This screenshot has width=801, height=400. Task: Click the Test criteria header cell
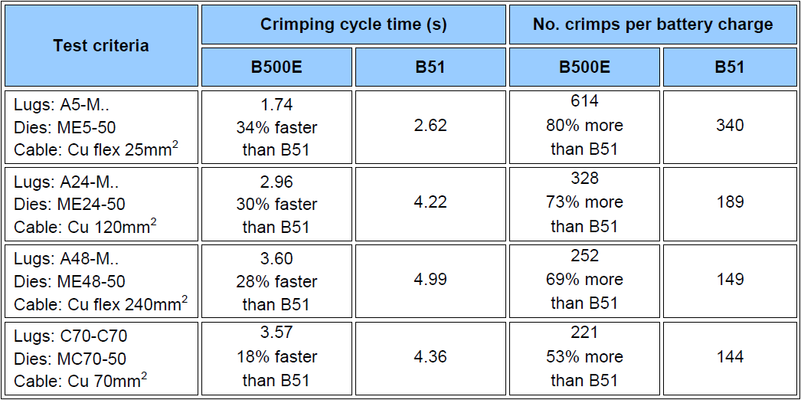101,45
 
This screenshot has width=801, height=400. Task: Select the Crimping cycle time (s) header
353,25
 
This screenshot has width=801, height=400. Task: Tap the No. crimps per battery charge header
652,25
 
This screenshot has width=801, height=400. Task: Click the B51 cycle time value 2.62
430,126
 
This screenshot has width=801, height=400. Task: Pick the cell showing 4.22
430,202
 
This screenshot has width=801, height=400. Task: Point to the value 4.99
430,280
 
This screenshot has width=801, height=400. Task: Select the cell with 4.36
430,357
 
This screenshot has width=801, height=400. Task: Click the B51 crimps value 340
729,126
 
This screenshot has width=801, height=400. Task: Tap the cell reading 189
729,202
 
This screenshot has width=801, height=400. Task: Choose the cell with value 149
729,280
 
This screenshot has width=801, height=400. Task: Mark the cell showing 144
729,357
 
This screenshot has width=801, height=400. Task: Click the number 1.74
276,104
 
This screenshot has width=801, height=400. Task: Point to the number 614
584,101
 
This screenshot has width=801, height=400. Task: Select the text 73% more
584,202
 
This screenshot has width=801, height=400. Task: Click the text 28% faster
276,280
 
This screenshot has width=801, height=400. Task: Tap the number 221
584,333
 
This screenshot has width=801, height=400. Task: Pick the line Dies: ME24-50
70,204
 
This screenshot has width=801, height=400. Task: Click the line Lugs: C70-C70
70,336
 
